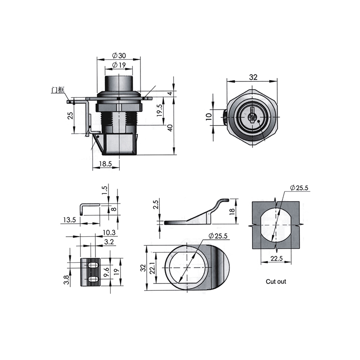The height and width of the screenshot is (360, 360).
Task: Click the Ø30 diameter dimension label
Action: (119, 55)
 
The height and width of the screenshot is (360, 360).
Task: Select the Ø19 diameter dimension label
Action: (119, 65)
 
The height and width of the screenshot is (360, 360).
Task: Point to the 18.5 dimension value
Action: (105, 164)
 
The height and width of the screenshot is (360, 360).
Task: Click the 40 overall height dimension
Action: (171, 128)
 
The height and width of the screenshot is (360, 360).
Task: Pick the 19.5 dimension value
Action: (160, 110)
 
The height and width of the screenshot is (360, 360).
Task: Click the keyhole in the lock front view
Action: (252, 116)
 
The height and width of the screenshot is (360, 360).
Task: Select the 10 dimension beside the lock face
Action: (209, 117)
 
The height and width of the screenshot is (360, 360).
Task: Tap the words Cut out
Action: (276, 282)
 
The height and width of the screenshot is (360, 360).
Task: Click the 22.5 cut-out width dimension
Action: (276, 258)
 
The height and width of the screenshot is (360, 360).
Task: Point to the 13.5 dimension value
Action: (70, 220)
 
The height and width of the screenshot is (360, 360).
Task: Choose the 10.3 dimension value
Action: (109, 233)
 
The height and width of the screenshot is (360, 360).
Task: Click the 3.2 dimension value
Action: (109, 242)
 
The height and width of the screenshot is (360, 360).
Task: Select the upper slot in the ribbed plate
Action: (93, 265)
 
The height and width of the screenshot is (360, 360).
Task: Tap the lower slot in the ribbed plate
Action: (93, 279)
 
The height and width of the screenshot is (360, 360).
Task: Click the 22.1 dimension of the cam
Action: (153, 268)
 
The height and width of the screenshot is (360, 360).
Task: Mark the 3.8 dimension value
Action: (66, 280)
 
